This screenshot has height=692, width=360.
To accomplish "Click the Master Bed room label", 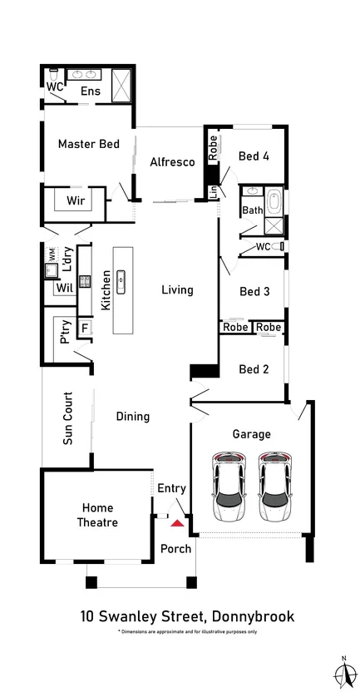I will point(89,144).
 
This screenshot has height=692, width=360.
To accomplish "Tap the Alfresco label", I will point(172,162).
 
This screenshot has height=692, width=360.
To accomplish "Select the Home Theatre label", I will point(99,515).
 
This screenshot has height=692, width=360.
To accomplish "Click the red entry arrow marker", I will point(176,522).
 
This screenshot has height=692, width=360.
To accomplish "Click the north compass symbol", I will point(343,672).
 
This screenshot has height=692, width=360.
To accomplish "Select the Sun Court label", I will point(68,418).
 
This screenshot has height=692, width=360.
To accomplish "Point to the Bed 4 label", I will point(254,156).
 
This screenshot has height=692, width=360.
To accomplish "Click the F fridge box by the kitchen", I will point(84,328).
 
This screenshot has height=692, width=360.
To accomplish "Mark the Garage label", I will point(251,434).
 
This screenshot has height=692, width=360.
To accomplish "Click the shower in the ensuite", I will point(122,84).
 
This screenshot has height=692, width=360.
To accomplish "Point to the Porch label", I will point(175,548).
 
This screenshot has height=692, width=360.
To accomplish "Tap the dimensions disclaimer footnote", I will point(187,632).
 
